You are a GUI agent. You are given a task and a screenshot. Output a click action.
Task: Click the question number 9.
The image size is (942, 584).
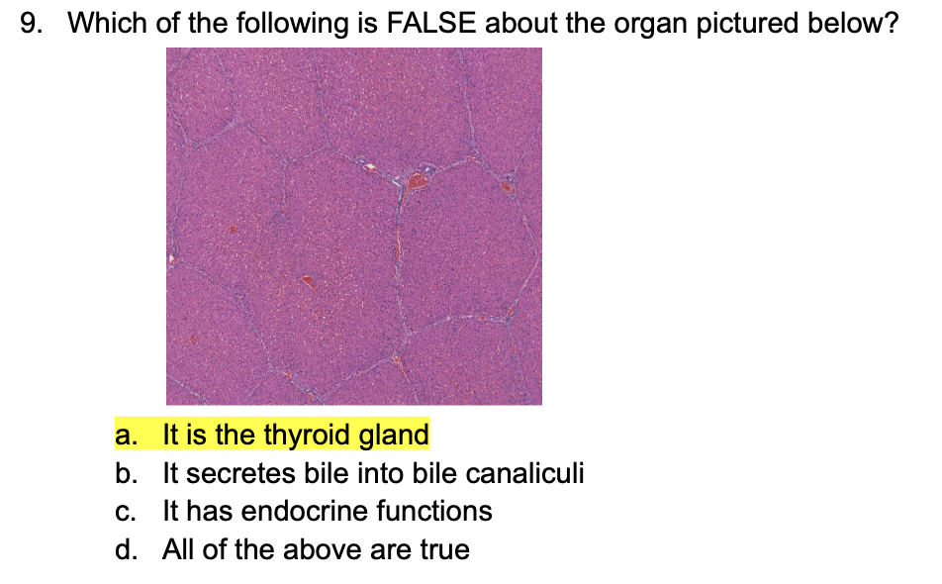pyautogui.click(x=31, y=24)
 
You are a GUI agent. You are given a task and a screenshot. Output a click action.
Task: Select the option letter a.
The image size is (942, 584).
pyautogui.click(x=125, y=435)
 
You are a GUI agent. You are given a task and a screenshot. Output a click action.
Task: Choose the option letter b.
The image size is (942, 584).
pyautogui.click(x=125, y=473)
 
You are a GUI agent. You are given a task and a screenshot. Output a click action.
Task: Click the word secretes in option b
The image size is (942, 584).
pyautogui.click(x=227, y=473)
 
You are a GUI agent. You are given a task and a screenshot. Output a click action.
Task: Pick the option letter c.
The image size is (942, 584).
pyautogui.click(x=125, y=511)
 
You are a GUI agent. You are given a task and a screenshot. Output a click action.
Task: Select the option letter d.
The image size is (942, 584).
pyautogui.click(x=125, y=549)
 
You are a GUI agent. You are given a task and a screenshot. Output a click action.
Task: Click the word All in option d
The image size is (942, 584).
pyautogui.click(x=178, y=549)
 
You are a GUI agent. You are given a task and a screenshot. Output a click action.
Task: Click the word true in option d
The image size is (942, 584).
pyautogui.click(x=445, y=549)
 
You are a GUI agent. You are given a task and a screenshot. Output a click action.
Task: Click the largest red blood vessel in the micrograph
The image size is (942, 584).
pyautogui.click(x=419, y=181)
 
